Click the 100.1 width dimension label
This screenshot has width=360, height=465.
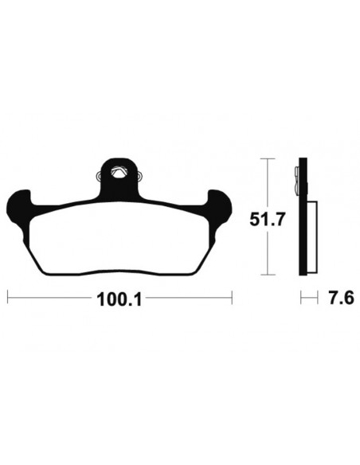[119, 300]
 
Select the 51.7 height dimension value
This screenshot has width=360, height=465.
[267, 220]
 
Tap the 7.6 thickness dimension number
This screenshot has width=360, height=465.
[341, 298]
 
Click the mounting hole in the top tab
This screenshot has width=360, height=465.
[119, 172]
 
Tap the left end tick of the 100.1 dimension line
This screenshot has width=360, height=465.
[8, 298]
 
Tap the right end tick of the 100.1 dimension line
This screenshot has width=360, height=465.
[232, 298]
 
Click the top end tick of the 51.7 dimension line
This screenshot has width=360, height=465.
[268, 159]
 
